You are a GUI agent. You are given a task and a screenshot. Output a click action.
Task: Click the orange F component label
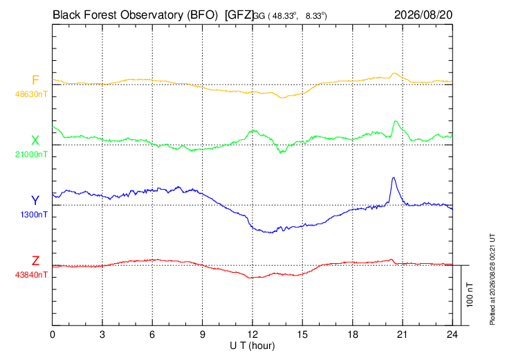(x=35, y=80)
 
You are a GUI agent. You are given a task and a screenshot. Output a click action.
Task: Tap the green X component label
(x=35, y=141)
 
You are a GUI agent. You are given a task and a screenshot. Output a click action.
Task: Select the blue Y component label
(x=35, y=201)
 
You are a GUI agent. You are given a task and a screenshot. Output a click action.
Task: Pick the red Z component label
(x=35, y=261)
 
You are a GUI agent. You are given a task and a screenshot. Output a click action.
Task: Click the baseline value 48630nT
(x=31, y=94)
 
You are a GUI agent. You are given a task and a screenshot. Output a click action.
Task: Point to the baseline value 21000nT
(x=31, y=154)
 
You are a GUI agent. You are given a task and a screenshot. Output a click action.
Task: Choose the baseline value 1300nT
(x=34, y=215)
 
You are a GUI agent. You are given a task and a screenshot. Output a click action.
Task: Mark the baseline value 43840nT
(x=31, y=275)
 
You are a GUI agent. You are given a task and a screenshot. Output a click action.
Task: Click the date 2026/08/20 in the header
(x=423, y=15)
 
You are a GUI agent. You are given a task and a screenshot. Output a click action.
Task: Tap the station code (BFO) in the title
(x=203, y=15)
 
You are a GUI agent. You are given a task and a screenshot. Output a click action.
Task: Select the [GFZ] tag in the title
(x=239, y=15)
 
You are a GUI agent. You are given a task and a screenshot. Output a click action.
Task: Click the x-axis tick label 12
(x=252, y=334)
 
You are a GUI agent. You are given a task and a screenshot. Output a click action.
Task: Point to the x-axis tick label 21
(x=402, y=334)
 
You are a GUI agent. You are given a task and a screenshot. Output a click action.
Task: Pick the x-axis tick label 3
(x=102, y=334)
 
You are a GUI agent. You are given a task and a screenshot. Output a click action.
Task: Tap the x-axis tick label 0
(x=53, y=334)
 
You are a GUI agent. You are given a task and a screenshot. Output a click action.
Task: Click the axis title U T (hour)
(x=252, y=346)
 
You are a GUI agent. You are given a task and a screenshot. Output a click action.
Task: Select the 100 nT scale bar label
(x=470, y=295)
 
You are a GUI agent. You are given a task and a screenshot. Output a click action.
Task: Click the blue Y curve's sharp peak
(x=393, y=178)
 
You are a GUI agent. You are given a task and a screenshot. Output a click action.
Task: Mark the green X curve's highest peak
(x=396, y=121)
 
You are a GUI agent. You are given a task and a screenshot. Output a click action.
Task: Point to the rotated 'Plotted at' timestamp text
(x=492, y=279)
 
